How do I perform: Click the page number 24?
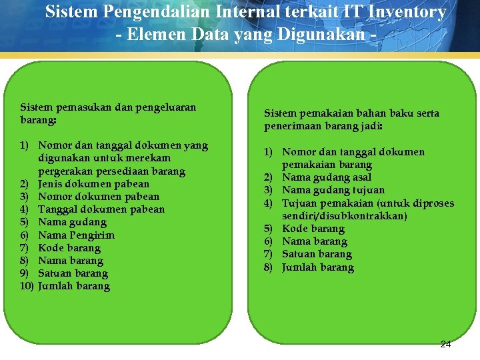point(445,345)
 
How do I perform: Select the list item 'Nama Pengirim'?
point(76,235)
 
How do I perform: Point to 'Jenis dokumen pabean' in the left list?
point(93,183)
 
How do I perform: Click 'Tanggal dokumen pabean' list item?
point(101,209)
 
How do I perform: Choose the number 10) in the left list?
point(27,287)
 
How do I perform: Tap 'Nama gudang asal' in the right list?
point(327,177)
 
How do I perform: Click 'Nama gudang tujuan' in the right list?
point(333,190)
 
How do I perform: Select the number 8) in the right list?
point(269,267)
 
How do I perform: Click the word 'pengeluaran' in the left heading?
point(166,107)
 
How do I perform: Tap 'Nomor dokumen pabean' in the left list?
point(99,197)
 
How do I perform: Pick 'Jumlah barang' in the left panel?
point(74,287)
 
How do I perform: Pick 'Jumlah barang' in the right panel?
point(318,267)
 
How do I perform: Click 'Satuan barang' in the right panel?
point(317,254)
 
